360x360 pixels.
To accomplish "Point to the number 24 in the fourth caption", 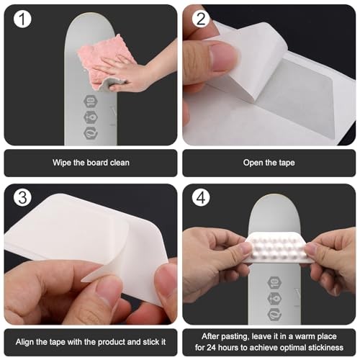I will click(x=225, y=347).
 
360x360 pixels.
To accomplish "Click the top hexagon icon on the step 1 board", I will click(x=91, y=102).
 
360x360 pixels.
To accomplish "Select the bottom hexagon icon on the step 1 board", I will click(x=91, y=132).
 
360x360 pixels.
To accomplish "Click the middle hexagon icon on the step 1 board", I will click(x=91, y=117).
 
